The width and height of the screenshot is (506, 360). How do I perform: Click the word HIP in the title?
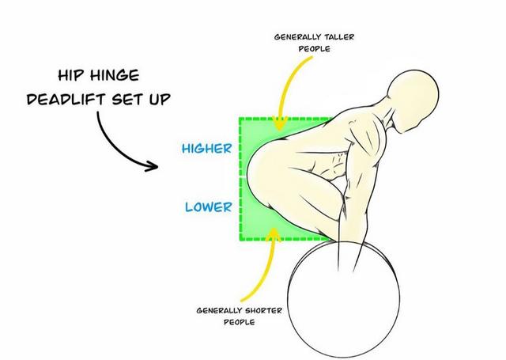pyautogui.click(x=70, y=75)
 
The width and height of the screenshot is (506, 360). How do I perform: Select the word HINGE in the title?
pyautogui.click(x=115, y=75)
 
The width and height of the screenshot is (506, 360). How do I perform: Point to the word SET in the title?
pyautogui.click(x=127, y=99)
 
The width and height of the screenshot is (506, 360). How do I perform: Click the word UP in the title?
pyautogui.click(x=160, y=99)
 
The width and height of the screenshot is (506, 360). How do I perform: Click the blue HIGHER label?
pyautogui.click(x=207, y=149)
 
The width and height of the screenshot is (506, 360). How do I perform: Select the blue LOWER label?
pyautogui.click(x=209, y=207)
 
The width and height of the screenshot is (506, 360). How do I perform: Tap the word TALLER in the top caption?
pyautogui.click(x=339, y=37)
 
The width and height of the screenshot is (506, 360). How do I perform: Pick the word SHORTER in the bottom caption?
pyautogui.click(x=263, y=311)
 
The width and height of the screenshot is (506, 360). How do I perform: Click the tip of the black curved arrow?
pyautogui.click(x=158, y=167)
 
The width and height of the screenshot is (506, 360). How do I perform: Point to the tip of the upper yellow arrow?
pyautogui.click(x=279, y=130)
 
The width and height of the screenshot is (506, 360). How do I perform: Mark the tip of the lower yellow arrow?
pyautogui.click(x=274, y=229)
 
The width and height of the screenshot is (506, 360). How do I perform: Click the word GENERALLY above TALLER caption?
pyautogui.click(x=298, y=37)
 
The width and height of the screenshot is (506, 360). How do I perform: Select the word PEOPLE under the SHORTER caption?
pyautogui.click(x=239, y=322)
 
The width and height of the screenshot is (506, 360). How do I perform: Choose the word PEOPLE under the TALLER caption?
pyautogui.click(x=315, y=49)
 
